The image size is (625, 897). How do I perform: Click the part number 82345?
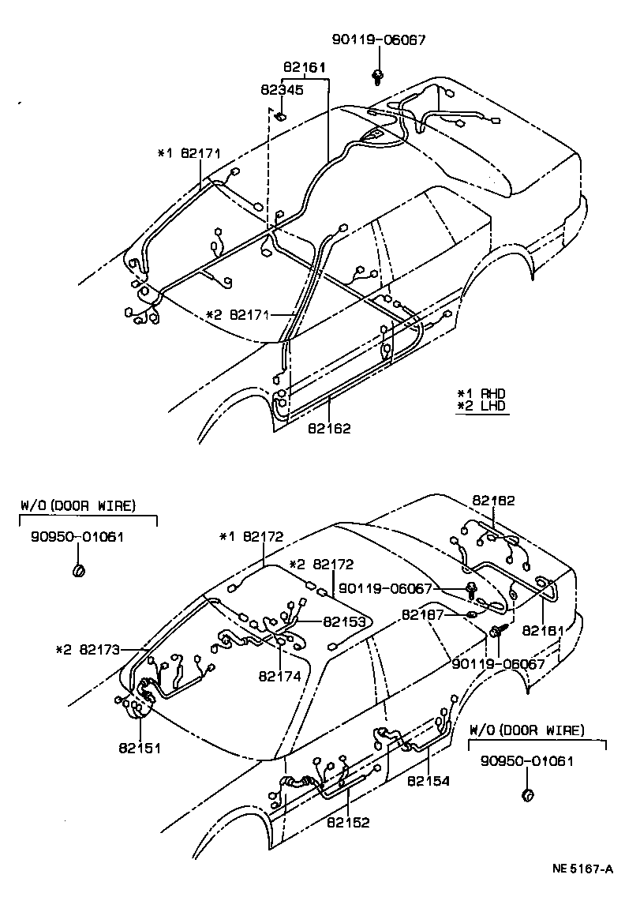click(283, 90)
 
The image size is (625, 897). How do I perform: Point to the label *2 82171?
click(237, 315)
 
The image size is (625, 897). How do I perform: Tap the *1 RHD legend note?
click(481, 393)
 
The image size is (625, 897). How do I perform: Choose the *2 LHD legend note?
click(481, 407)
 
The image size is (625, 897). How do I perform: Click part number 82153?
click(344, 621)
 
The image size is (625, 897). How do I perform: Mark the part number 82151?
click(140, 746)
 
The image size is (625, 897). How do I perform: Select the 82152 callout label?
click(348, 821)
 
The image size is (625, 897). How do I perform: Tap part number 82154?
click(428, 781)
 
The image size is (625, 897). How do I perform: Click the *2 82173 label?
click(88, 650)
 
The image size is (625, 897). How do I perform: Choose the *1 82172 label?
click(252, 537)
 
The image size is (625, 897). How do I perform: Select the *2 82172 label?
click(321, 565)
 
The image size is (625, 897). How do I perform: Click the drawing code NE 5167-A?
click(582, 869)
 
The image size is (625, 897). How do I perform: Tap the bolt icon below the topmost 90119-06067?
click(379, 76)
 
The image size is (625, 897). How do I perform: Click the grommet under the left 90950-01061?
click(78, 569)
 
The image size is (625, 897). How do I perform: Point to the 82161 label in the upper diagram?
click(305, 68)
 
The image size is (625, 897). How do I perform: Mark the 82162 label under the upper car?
click(329, 428)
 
